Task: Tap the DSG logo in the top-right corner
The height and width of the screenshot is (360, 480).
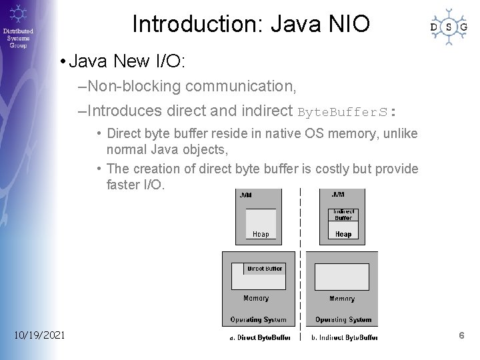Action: pos(448,27)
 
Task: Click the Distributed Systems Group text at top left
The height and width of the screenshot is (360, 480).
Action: pos(18,39)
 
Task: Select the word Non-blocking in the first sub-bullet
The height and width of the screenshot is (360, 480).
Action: pos(135,86)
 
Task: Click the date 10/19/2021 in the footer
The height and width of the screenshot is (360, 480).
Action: pos(39,335)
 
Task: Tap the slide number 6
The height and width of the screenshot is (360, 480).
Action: pos(461,335)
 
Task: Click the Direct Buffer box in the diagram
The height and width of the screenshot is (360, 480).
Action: pos(265,269)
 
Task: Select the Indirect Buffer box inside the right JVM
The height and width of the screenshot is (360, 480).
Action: pos(343,215)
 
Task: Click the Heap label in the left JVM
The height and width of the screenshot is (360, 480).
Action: pos(261,234)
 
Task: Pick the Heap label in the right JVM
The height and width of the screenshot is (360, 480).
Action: pos(343,234)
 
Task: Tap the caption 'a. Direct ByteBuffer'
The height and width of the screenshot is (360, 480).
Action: pos(260,337)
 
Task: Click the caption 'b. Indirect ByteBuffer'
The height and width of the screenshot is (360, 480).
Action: pos(344,337)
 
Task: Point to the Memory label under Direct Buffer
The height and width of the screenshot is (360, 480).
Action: pos(256,299)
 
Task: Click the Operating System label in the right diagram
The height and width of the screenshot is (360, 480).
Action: pos(342,320)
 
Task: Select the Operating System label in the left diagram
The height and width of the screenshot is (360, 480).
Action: pos(258,320)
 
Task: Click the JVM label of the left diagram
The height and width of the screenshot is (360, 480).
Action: pos(245,195)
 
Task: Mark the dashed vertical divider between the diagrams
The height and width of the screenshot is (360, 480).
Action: pos(301,267)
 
